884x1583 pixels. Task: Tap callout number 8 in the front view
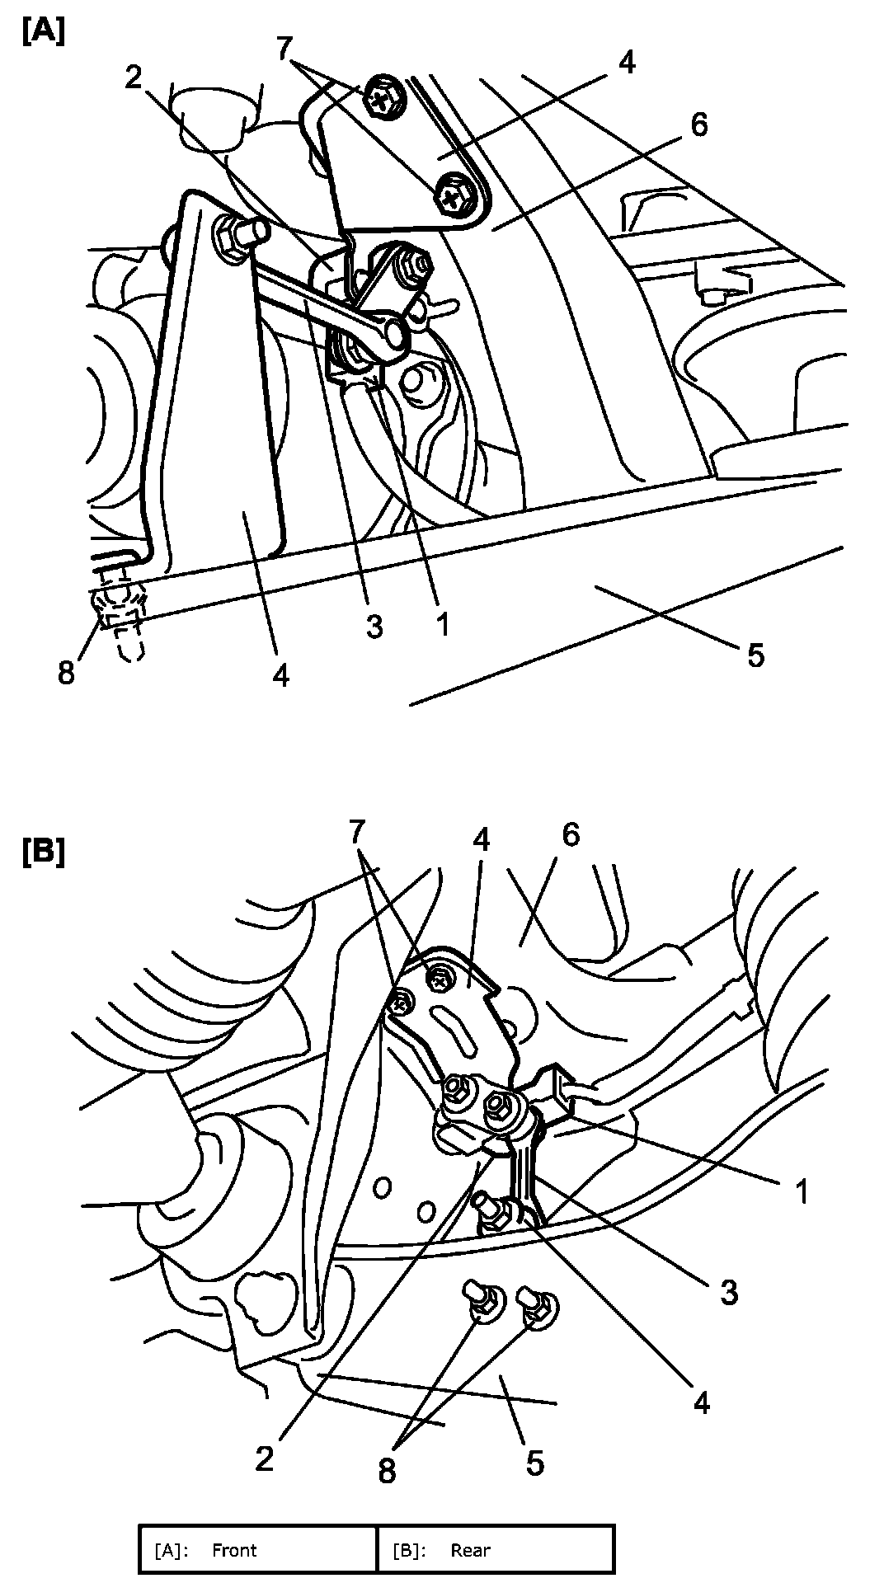point(66,672)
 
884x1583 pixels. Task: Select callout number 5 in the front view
point(755,655)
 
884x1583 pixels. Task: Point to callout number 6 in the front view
point(698,125)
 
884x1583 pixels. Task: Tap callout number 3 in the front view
point(374,627)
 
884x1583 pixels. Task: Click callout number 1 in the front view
point(443,625)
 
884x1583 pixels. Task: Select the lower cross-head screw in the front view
point(452,195)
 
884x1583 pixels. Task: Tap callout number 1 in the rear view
point(800,1192)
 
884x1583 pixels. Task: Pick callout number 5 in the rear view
point(535,1463)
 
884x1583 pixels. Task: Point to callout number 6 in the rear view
point(571,835)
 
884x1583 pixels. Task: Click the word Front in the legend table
point(234,1550)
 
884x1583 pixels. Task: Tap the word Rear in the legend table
point(470,1550)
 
